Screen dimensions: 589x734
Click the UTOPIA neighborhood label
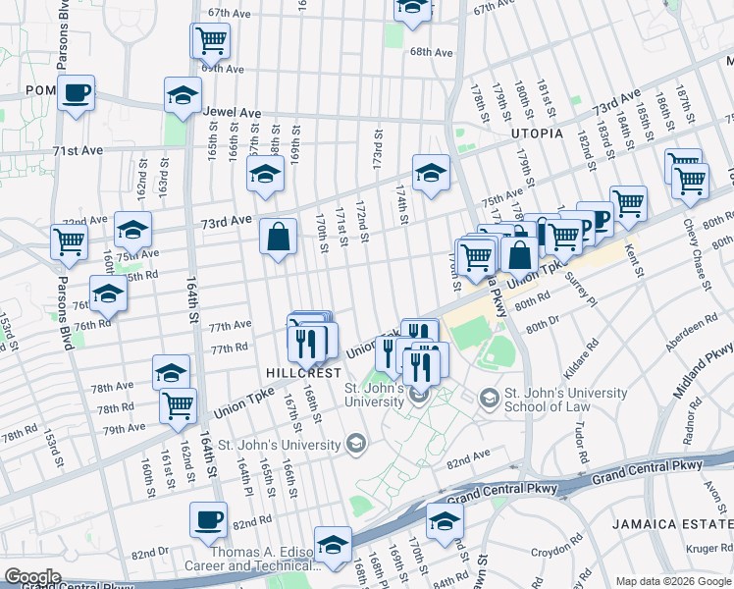click(536, 133)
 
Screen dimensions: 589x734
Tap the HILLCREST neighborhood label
click(303, 373)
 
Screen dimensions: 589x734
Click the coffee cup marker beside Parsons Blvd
click(76, 94)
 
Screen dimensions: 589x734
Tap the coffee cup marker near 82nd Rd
click(208, 520)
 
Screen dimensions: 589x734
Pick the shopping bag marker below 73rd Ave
click(279, 237)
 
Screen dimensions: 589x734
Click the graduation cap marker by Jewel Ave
click(182, 96)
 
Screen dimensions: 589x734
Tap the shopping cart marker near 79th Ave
click(178, 404)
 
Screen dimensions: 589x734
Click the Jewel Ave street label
click(227, 112)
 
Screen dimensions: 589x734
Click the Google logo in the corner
click(32, 577)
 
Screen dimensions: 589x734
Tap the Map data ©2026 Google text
click(673, 581)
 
